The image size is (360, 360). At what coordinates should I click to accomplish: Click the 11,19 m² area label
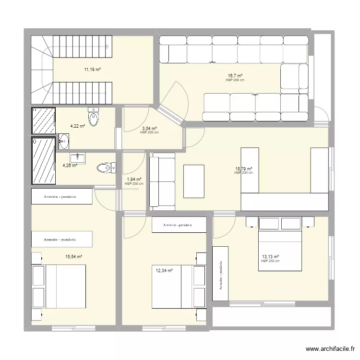click(93, 70)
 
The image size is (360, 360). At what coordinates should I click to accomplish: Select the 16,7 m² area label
click(235, 76)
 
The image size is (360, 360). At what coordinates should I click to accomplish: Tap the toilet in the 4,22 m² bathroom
click(94, 116)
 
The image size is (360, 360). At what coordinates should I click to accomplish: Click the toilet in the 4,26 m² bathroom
click(106, 168)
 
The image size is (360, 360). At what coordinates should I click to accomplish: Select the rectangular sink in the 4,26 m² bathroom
click(77, 157)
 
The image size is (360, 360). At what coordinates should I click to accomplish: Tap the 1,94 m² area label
click(134, 180)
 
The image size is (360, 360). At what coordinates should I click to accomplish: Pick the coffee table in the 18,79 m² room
click(194, 181)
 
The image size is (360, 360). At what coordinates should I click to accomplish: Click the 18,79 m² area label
click(243, 169)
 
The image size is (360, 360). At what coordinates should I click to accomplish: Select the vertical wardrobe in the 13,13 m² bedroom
click(220, 275)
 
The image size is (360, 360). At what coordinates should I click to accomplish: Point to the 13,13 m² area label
click(270, 257)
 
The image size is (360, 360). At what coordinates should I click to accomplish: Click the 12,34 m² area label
click(164, 271)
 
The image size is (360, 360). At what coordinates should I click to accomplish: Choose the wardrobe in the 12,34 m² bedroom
click(179, 225)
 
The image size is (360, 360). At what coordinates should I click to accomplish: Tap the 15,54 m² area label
click(74, 257)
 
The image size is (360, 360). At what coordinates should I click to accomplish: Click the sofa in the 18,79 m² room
click(163, 181)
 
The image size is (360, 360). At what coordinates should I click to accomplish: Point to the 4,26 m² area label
click(70, 166)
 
